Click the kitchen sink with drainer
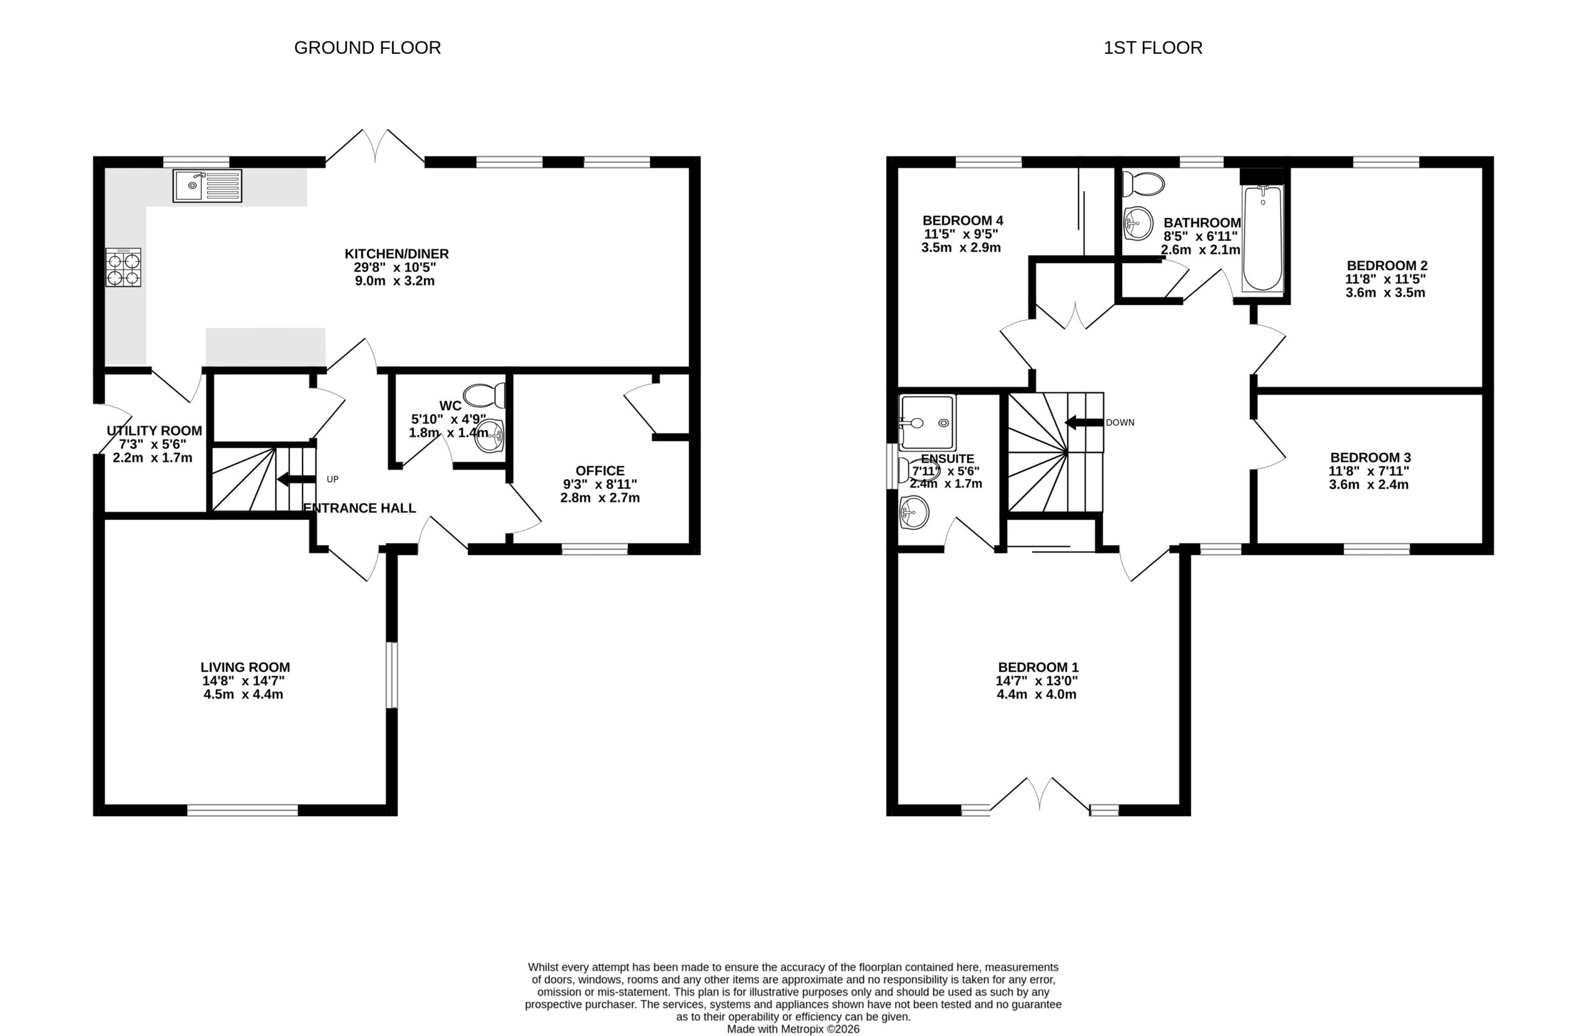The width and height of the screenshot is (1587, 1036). point(208,185)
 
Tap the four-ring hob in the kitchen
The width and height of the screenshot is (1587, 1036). point(123,267)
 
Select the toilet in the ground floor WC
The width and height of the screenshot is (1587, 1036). point(484,395)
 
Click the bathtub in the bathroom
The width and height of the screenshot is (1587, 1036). point(1262,238)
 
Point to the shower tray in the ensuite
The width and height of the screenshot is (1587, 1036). point(927,423)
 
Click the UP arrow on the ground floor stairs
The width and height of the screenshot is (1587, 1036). point(296,479)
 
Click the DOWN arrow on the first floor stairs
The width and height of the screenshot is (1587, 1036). point(1084,422)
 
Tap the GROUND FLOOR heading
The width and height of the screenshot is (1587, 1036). point(368,48)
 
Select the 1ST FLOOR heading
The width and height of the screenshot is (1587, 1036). point(1153,48)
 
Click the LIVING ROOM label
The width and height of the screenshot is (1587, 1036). point(245,667)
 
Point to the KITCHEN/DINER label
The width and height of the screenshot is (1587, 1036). point(397,254)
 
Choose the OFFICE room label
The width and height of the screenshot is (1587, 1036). point(600,471)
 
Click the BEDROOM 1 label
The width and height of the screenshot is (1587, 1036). point(1038,667)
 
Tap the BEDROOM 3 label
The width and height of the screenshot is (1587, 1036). point(1370,457)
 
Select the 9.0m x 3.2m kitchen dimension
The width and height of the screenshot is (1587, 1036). point(395,281)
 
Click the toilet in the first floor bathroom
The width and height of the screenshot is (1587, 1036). point(1143,184)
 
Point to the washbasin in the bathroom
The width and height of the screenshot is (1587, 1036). point(1138,222)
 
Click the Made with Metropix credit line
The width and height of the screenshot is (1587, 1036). point(793,1029)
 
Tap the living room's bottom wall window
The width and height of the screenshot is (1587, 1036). point(243,810)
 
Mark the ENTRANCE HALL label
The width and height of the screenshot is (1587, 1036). point(360,508)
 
